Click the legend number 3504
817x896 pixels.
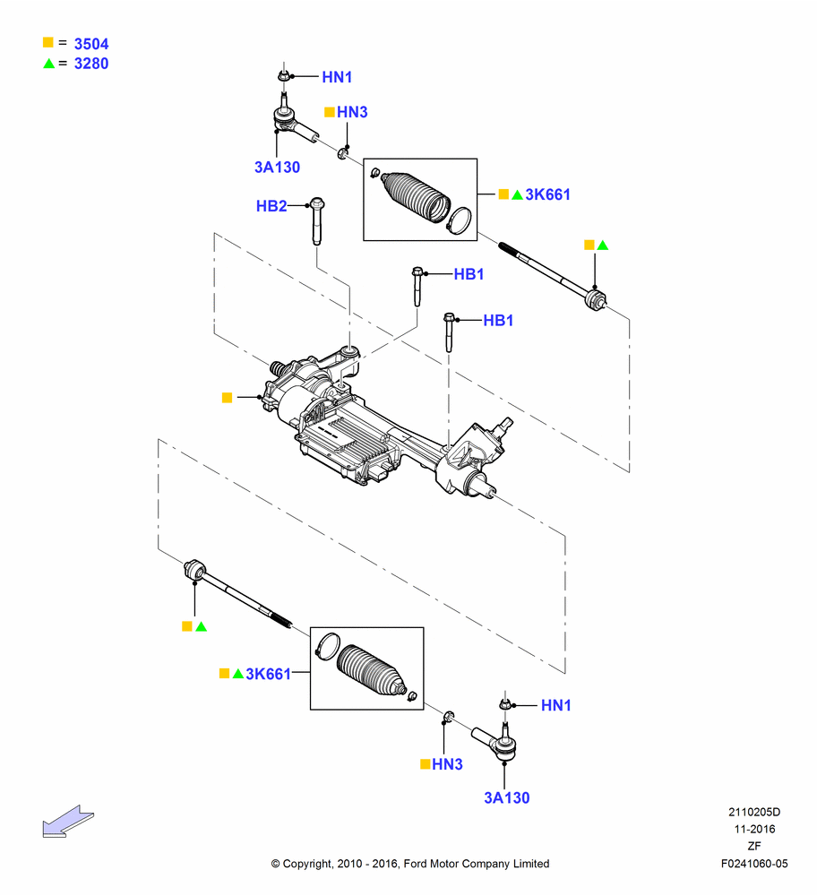point(91,44)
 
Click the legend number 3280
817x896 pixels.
point(91,64)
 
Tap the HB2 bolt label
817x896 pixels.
point(271,206)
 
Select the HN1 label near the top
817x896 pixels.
point(337,77)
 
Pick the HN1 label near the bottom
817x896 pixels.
point(556,705)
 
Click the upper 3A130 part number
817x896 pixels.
point(277,168)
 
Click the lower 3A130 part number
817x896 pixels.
point(507,797)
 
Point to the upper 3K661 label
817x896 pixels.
point(548,194)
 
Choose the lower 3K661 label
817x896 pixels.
point(269,675)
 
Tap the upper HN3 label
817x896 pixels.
point(352,112)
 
